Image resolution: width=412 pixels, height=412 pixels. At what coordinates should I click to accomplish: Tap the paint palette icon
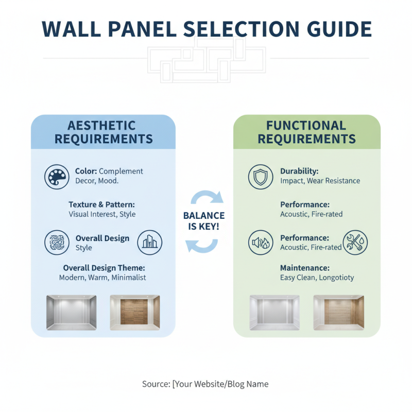click(x=56, y=177)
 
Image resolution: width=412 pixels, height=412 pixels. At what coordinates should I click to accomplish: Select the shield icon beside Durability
click(x=260, y=177)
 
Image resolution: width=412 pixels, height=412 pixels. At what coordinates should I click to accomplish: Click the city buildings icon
click(x=150, y=242)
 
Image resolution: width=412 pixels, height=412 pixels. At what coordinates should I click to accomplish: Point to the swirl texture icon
click(x=56, y=242)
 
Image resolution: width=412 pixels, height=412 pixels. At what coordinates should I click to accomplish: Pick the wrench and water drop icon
click(x=355, y=242)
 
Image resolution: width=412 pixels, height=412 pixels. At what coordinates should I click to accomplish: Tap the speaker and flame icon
click(x=260, y=242)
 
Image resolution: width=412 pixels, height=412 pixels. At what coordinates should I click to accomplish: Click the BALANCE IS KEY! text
click(x=204, y=221)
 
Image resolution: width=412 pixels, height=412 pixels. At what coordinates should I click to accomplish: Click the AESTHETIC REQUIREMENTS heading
click(x=104, y=132)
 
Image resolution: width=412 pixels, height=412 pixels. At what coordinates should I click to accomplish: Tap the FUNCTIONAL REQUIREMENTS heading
click(x=306, y=132)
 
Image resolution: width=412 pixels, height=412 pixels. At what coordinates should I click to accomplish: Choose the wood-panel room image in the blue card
click(x=135, y=312)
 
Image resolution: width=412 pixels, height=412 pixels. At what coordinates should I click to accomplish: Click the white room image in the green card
click(x=274, y=312)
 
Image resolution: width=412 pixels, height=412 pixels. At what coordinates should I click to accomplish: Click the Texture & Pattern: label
click(x=102, y=204)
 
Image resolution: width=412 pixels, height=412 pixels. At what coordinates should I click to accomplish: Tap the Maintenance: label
click(x=304, y=268)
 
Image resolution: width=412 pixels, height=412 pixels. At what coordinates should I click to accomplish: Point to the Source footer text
click(x=205, y=384)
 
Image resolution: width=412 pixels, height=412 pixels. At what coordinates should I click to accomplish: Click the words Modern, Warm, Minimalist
click(x=102, y=278)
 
